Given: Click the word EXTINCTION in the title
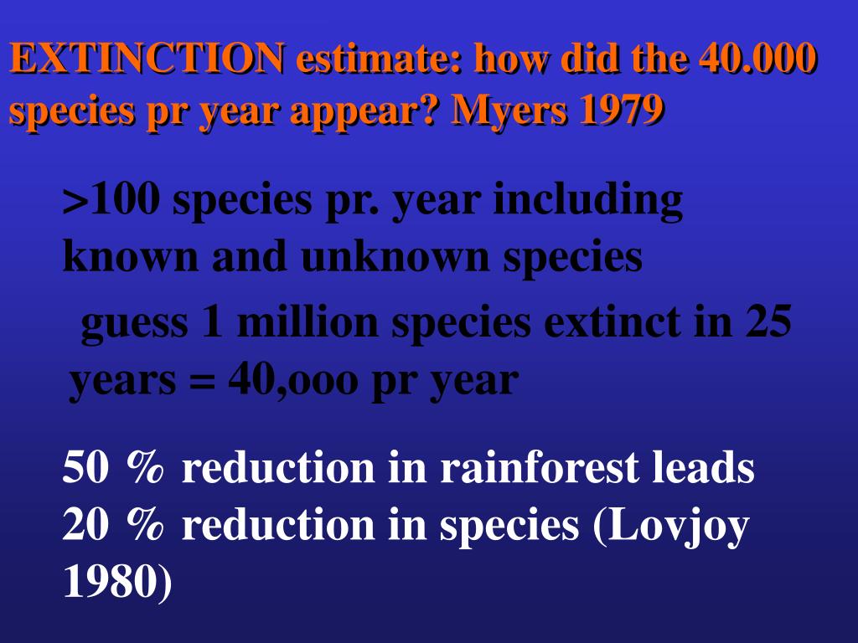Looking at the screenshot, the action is coord(147,58).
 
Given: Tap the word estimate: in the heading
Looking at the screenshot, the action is coord(381,58).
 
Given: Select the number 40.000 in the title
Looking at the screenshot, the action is coord(757,58).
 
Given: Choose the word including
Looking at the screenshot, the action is coord(588,201).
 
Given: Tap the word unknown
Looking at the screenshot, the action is coord(395,256).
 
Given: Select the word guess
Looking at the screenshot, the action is coord(135,324).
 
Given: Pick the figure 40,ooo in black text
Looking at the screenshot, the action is coord(292,381).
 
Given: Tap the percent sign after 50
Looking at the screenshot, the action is coord(145,467).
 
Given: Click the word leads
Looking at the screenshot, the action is coord(703,467).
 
